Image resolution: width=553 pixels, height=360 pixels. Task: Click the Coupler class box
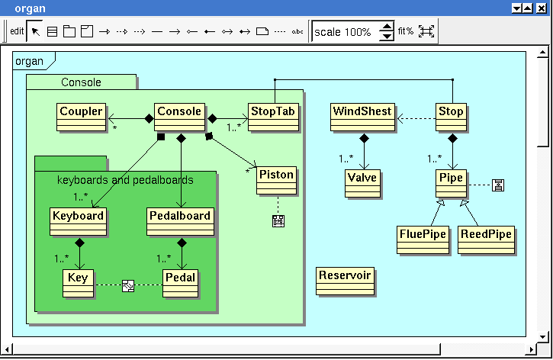(x=81, y=117)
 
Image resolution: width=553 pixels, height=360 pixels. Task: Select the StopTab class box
(x=273, y=117)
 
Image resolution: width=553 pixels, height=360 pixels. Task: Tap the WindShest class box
(x=362, y=117)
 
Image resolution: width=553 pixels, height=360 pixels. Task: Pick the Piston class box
(x=276, y=181)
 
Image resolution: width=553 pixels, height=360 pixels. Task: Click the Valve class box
(x=362, y=183)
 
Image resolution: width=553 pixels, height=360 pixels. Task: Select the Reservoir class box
(x=345, y=281)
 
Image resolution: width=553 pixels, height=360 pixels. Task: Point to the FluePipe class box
(x=423, y=239)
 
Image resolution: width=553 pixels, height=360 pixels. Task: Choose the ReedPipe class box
(x=486, y=239)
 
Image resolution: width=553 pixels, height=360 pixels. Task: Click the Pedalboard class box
(x=180, y=221)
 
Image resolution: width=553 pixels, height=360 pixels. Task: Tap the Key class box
(x=79, y=284)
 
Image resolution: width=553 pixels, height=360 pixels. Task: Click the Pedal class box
(x=180, y=284)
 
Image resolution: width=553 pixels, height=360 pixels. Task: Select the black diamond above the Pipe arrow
(x=452, y=138)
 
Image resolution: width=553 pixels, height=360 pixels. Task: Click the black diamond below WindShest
(x=364, y=138)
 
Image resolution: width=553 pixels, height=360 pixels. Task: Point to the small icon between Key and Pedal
(x=128, y=285)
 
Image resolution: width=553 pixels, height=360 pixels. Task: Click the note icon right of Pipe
(x=498, y=185)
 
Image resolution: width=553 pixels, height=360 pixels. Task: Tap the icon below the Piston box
(x=278, y=221)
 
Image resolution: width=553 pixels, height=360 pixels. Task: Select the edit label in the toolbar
(x=17, y=31)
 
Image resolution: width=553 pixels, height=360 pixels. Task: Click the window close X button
(x=542, y=8)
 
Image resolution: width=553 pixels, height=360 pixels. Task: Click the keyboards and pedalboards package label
(x=125, y=180)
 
